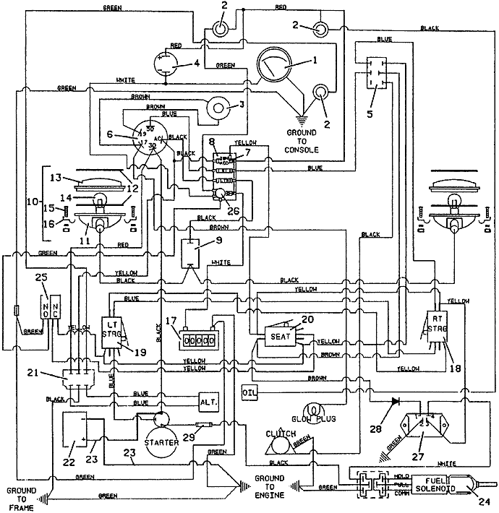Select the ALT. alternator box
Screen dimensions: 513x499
pos(209,401)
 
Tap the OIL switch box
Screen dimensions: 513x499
pos(249,392)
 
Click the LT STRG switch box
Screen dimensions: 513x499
pos(112,328)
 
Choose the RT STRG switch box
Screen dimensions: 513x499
pos(436,325)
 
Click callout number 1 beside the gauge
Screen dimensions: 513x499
pos(314,61)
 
